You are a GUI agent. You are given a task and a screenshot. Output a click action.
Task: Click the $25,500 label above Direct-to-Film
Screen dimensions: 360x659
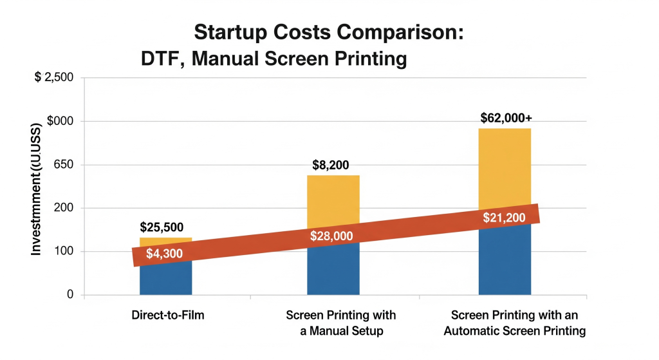pyautogui.click(x=162, y=227)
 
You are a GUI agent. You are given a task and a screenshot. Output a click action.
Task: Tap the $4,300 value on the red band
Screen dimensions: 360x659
pyautogui.click(x=165, y=254)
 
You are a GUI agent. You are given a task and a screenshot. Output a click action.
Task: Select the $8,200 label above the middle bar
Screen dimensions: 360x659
pyautogui.click(x=332, y=165)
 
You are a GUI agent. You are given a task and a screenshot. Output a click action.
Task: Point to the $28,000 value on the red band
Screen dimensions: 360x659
pyautogui.click(x=331, y=236)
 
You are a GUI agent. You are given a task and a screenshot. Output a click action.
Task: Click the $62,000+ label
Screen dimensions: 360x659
pyautogui.click(x=506, y=118)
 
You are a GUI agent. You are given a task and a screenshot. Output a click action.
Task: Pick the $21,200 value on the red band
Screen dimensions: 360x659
pyautogui.click(x=505, y=218)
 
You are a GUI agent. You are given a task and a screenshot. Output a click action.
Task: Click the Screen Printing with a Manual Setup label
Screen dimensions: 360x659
pyautogui.click(x=340, y=323)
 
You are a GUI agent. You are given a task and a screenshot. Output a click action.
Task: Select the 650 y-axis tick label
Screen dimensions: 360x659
pyautogui.click(x=63, y=165)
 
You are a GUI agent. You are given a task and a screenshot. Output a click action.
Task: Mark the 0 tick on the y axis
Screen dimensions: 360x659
pyautogui.click(x=70, y=295)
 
